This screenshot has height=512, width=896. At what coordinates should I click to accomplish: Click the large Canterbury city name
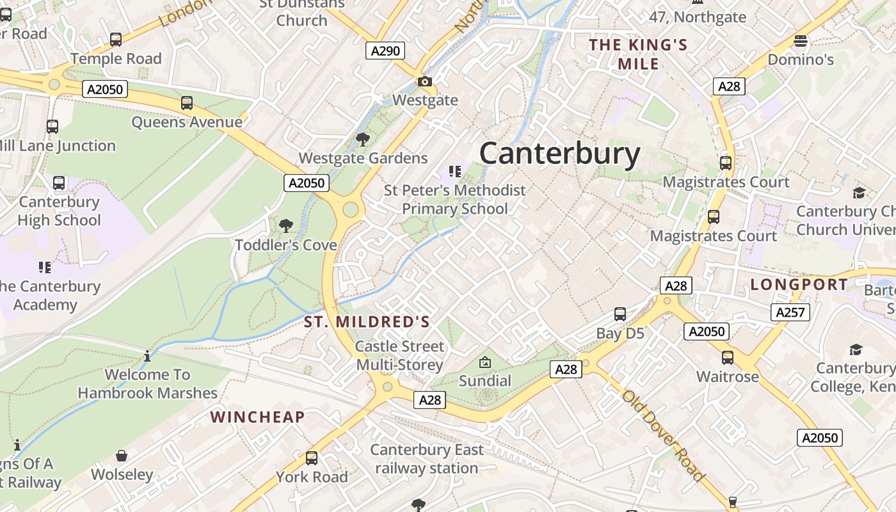point(559,154)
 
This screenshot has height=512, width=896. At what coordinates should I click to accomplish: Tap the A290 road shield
point(385,51)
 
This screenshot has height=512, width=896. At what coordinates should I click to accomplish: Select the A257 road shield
point(790,312)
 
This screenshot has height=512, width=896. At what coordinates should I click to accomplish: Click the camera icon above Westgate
point(424,82)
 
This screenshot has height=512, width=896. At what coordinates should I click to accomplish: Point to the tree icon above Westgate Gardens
point(362,139)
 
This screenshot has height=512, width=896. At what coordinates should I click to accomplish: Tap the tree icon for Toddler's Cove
point(285,225)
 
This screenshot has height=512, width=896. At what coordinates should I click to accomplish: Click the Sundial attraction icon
point(485,362)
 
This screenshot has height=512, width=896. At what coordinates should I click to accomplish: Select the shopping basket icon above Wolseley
point(122,456)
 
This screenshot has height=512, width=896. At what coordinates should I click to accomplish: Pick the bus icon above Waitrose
point(728,358)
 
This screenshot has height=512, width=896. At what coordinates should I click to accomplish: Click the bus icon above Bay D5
point(620,314)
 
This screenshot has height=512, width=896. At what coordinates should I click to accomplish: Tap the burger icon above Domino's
point(800,42)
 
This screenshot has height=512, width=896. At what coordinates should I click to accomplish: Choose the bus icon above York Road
point(312,458)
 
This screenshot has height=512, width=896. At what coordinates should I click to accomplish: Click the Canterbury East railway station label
point(427,459)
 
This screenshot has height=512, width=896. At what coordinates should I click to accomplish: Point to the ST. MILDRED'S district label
point(367,321)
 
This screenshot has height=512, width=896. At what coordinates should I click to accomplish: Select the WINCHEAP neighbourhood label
point(257,417)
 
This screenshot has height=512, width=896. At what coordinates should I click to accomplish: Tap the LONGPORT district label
point(799,285)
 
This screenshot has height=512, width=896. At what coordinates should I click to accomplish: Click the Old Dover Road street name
point(662,435)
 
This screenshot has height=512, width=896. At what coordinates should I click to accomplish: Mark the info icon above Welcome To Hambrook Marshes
point(147,356)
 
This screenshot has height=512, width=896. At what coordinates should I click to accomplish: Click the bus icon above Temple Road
point(116,40)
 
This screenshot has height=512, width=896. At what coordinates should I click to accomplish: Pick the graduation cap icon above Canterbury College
point(856,349)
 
